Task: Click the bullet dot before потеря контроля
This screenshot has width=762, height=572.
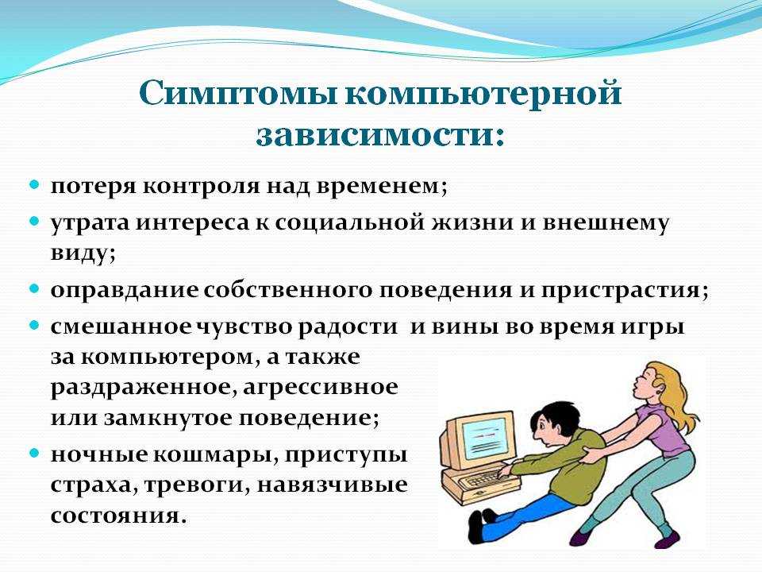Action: tap(34, 185)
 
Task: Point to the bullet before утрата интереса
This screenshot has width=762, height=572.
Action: tap(34, 222)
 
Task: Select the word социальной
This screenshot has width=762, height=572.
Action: tap(349, 222)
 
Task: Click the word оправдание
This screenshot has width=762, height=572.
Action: tap(124, 291)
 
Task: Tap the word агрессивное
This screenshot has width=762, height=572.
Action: tap(320, 388)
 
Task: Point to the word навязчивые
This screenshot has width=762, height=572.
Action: tap(332, 485)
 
